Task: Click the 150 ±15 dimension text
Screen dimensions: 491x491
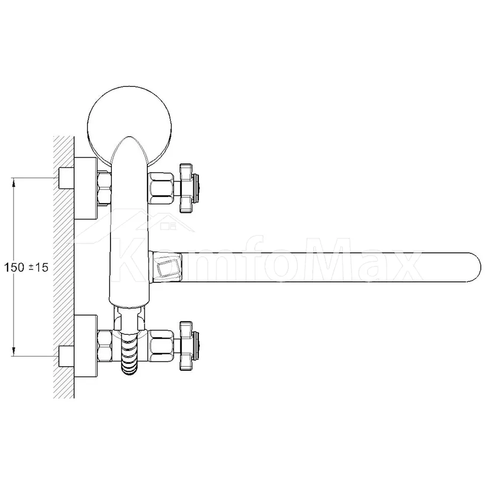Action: [x=27, y=268]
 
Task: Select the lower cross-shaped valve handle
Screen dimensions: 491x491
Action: [x=189, y=346]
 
